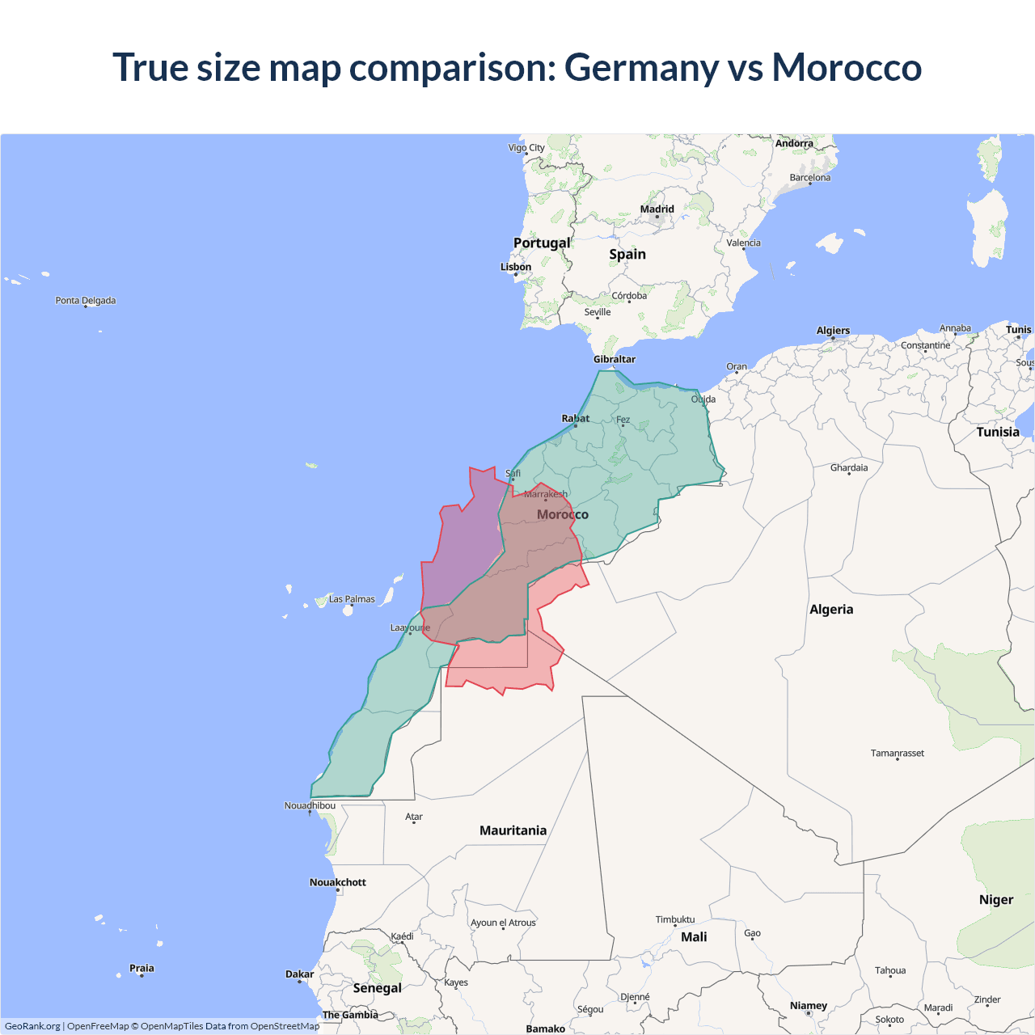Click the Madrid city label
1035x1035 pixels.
(657, 209)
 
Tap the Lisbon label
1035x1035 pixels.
(516, 267)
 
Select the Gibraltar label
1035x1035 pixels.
(615, 359)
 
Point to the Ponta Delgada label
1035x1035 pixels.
(86, 301)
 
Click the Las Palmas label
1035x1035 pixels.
(352, 599)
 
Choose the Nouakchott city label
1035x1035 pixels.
(338, 882)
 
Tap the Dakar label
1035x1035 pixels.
(299, 974)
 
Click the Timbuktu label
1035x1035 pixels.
(675, 919)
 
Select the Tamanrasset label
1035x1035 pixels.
(898, 754)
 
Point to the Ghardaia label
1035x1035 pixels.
(849, 467)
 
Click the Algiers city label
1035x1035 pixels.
(833, 331)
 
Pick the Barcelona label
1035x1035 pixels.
(810, 178)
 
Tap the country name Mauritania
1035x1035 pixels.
(513, 830)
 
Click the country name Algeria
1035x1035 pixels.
(831, 610)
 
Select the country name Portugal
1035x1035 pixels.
(542, 243)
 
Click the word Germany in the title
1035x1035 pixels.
(640, 67)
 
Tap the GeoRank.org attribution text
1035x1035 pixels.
(32, 1026)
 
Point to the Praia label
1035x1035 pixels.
(142, 968)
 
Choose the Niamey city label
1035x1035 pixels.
(809, 1006)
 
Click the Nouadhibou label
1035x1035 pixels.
(310, 805)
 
